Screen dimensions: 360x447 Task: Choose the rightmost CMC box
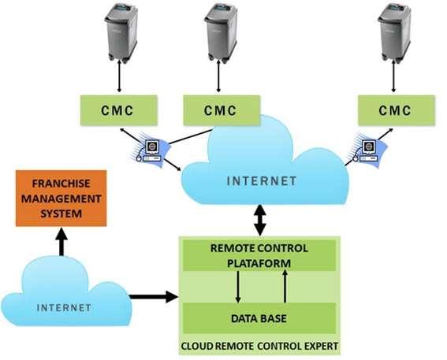pyautogui.click(x=395, y=110)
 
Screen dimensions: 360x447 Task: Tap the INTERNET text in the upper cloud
pyautogui.click(x=262, y=181)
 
